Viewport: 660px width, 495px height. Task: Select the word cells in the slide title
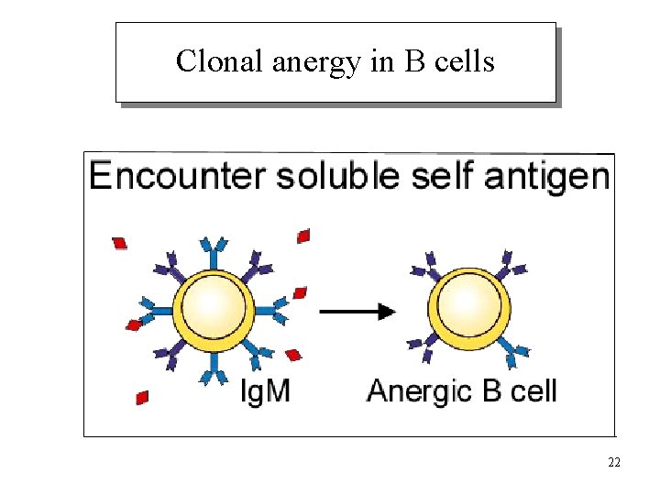coord(466,61)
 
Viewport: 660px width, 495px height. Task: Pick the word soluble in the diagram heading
coord(336,175)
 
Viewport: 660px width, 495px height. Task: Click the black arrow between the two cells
coord(357,312)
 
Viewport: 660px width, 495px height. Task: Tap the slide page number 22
coord(613,462)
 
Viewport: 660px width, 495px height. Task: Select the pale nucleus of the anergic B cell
coord(469,305)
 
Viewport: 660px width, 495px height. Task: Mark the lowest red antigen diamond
coord(142,397)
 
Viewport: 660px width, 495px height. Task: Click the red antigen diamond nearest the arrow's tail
coord(300,293)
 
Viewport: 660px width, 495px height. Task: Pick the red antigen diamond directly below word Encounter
coord(119,243)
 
